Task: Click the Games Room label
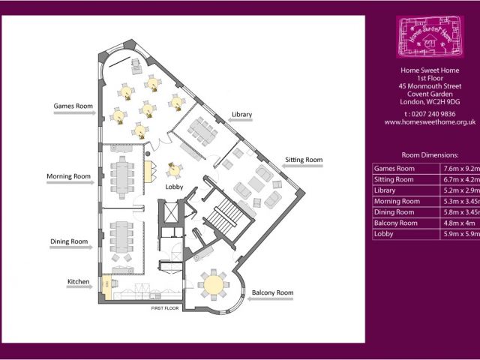coord(73,106)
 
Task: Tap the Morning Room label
coord(68,177)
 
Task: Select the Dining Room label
coord(69,241)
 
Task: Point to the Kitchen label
coord(79,282)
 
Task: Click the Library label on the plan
coord(241,114)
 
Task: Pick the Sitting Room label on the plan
coord(304,160)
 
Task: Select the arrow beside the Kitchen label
coord(83,289)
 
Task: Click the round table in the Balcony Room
coord(214,284)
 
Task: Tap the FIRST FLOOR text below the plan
coord(165,308)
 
